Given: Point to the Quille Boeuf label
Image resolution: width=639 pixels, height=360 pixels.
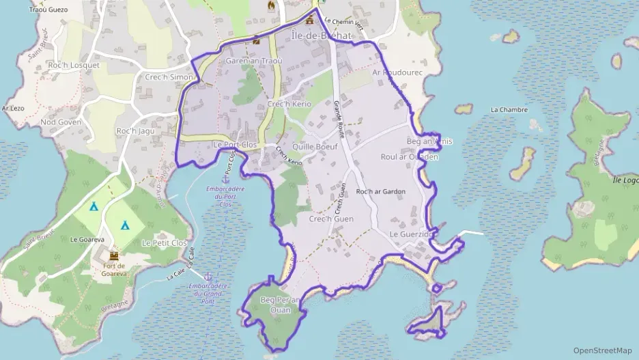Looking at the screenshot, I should pos(315,146).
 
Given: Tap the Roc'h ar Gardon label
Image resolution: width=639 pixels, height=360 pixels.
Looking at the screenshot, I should pos(381,191).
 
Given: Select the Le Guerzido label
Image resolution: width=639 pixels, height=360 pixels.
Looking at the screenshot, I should pos(412,234).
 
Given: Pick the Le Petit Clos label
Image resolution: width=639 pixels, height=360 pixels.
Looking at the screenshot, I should pos(164,243).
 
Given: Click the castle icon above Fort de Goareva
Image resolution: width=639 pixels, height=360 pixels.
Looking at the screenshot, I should pos(114,255).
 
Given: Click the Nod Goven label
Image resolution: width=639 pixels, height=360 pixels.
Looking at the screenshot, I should pos(61,122).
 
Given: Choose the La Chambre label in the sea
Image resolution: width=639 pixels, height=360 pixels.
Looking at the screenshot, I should pos(509,109).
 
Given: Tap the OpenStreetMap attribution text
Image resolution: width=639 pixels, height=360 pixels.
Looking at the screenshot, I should pos(603,350).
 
